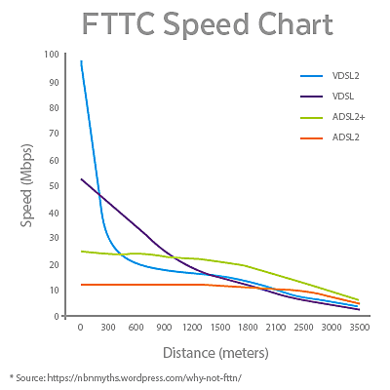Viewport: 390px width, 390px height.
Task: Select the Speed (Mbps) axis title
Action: pos(28,185)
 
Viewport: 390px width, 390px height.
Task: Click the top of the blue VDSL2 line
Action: pos(81,60)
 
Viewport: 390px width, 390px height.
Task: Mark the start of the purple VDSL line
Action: pos(81,179)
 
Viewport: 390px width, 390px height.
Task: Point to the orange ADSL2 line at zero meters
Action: pos(81,285)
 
